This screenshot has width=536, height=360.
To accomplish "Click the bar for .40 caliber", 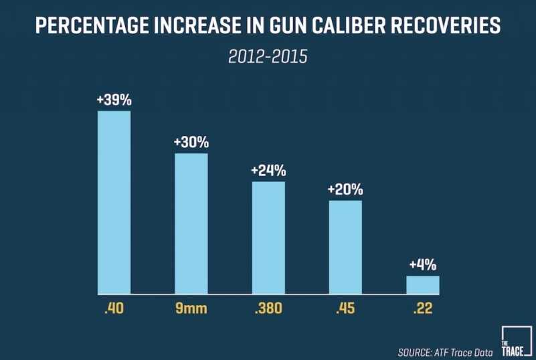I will [x=114, y=202].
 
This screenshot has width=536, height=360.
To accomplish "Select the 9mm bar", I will [x=191, y=223].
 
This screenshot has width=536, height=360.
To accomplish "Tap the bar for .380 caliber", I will [x=268, y=238].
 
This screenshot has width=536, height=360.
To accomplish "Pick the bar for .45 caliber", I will [x=345, y=247].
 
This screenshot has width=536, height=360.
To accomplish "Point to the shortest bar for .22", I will [x=423, y=284].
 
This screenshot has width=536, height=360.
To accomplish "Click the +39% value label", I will [x=114, y=100].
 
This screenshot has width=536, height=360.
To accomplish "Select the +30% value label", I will [x=191, y=143].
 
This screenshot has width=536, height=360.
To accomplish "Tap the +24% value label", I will [x=268, y=171].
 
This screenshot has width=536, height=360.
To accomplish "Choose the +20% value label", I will [x=345, y=189].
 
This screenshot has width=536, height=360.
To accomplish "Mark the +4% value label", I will [x=423, y=265].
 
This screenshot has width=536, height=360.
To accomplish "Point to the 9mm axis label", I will [x=191, y=310].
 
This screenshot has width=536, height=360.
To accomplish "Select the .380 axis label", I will [x=268, y=310].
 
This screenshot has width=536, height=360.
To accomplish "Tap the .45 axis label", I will [x=345, y=310].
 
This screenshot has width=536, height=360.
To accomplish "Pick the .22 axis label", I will [x=423, y=310].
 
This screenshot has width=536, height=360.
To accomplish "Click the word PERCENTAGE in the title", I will [x=92, y=27].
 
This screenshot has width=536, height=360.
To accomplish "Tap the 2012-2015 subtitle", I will [x=268, y=57].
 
